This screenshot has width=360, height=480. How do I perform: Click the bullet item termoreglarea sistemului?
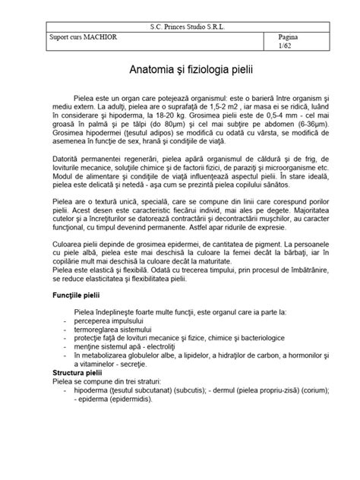112,330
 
